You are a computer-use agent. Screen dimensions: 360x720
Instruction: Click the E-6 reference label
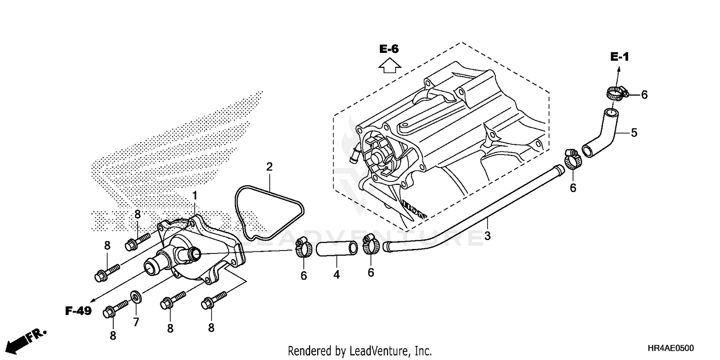(389, 48)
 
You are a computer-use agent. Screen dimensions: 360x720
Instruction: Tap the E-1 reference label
(619, 57)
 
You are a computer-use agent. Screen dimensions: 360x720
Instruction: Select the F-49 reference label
(78, 311)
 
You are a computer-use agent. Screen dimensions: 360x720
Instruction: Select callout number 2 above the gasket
(269, 167)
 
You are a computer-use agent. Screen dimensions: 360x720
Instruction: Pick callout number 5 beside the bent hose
(634, 133)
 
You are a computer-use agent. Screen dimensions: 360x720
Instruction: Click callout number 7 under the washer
(136, 322)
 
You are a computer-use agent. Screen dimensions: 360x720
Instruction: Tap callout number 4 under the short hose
(336, 275)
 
